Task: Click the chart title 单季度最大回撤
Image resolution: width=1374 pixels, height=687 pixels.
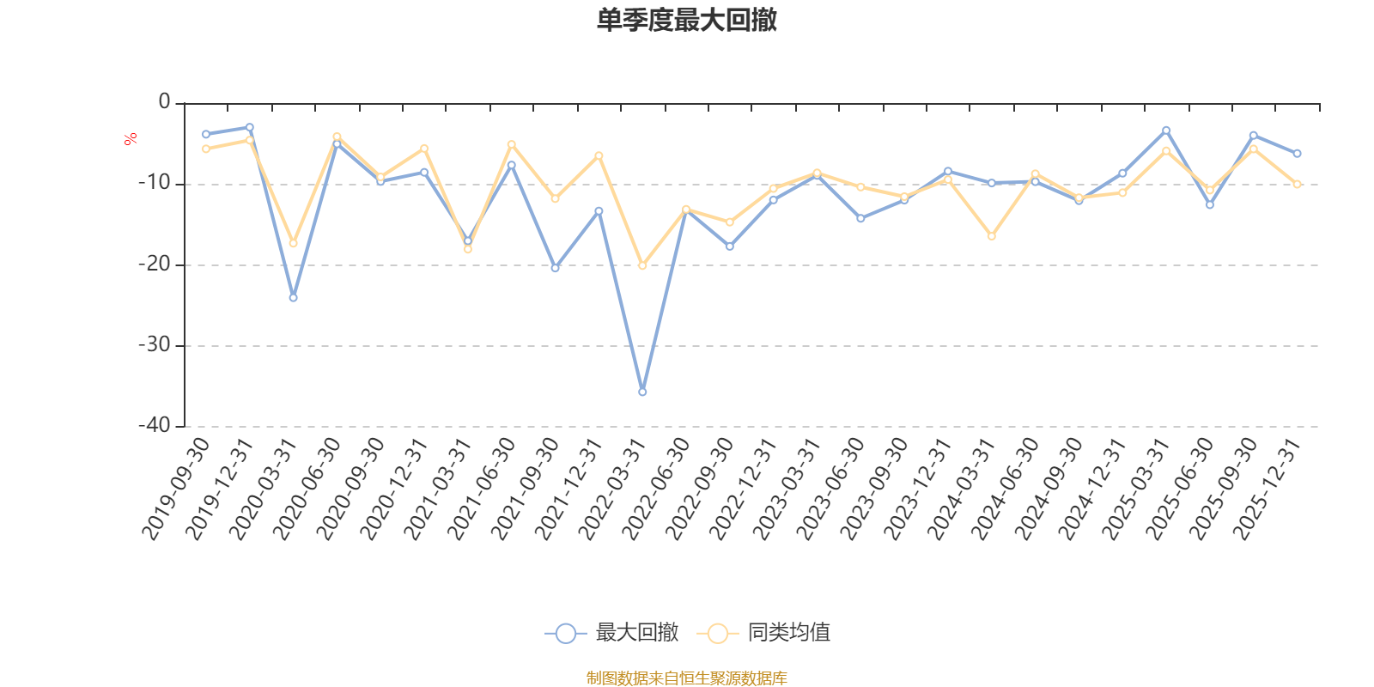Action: pyautogui.click(x=686, y=20)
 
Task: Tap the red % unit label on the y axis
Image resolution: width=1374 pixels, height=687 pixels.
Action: pyautogui.click(x=131, y=139)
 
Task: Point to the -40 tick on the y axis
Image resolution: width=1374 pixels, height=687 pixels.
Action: pyautogui.click(x=155, y=426)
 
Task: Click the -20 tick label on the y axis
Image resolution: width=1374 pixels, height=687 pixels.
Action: pyautogui.click(x=155, y=264)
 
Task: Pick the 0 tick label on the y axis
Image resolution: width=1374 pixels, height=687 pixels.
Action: pyautogui.click(x=164, y=103)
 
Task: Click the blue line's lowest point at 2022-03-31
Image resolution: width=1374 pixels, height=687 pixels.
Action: pyautogui.click(x=642, y=392)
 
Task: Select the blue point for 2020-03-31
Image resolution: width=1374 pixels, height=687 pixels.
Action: pyautogui.click(x=293, y=298)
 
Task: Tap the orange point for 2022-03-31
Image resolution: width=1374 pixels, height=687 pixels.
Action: pyautogui.click(x=642, y=266)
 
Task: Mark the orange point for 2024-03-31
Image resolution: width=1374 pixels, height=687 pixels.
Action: pyautogui.click(x=992, y=236)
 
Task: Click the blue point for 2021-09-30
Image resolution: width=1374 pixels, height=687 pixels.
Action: pyautogui.click(x=555, y=269)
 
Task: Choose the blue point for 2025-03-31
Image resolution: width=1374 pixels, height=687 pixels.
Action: pyautogui.click(x=1166, y=130)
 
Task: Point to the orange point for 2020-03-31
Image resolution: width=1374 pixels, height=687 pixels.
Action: pyautogui.click(x=293, y=244)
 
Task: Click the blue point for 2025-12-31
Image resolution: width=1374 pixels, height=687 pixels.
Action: pyautogui.click(x=1297, y=154)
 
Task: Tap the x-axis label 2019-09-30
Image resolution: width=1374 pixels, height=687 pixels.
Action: pyautogui.click(x=176, y=489)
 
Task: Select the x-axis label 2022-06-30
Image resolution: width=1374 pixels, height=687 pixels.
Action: pyautogui.click(x=656, y=489)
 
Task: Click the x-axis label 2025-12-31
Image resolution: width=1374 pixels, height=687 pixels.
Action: pyautogui.click(x=1268, y=489)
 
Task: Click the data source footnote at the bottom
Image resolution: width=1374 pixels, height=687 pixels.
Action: pyautogui.click(x=686, y=678)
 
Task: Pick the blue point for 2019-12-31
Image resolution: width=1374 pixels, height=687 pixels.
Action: pyautogui.click(x=250, y=127)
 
